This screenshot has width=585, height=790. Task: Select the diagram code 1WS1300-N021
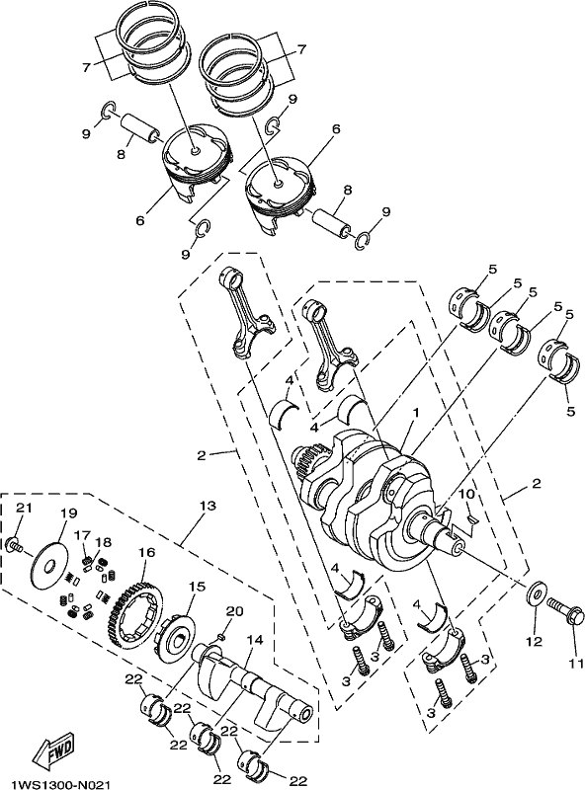tap(61, 784)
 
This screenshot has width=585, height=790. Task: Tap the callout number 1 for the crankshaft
tap(417, 413)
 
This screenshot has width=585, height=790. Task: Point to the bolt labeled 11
tap(564, 610)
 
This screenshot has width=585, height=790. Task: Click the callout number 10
tap(467, 495)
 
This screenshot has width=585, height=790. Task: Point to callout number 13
tap(208, 505)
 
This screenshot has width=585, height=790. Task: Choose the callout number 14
tap(255, 640)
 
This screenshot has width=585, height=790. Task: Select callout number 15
tap(198, 587)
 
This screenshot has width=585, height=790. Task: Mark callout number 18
tap(104, 542)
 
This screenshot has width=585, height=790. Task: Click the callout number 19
tap(69, 513)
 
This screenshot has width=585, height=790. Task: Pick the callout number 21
tap(24, 508)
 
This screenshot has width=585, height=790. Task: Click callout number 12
tap(535, 642)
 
